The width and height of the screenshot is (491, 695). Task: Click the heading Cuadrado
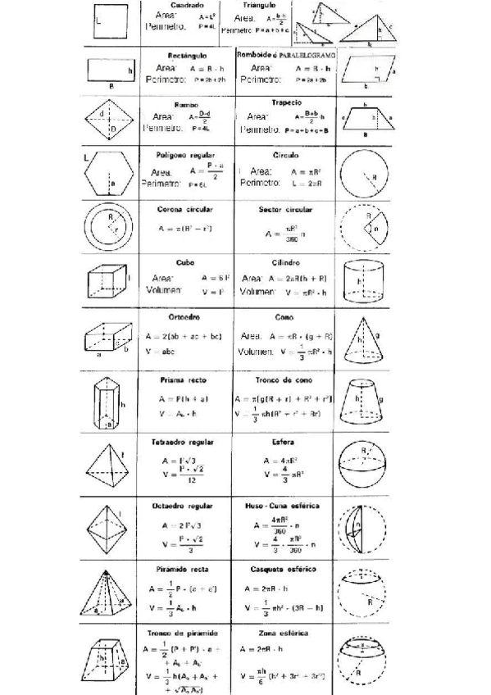tap(181, 6)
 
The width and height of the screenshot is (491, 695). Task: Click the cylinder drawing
tap(361, 283)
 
